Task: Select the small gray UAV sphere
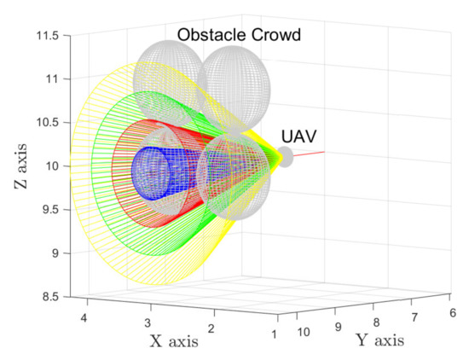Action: [284, 157]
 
